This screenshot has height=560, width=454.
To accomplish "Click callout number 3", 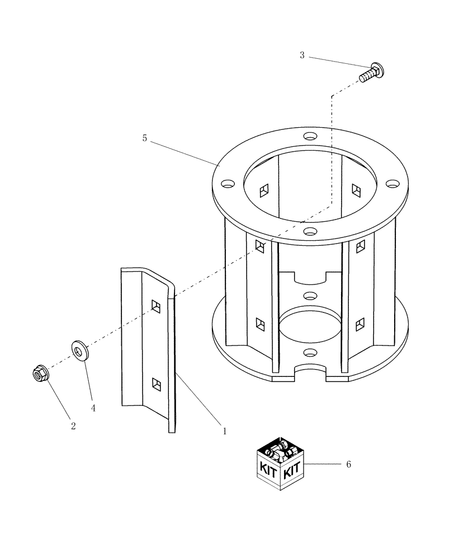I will (302, 55).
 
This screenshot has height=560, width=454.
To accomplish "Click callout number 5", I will (145, 138).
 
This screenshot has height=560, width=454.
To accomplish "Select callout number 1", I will (224, 431).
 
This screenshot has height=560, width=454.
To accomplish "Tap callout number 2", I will (73, 426).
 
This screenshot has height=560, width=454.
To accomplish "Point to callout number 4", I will (93, 408).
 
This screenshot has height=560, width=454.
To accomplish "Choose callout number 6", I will (348, 464).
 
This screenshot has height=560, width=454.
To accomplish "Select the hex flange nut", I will (40, 372).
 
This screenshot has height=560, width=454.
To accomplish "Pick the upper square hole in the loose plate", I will (156, 305).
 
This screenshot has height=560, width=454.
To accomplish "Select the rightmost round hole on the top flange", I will (393, 183).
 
